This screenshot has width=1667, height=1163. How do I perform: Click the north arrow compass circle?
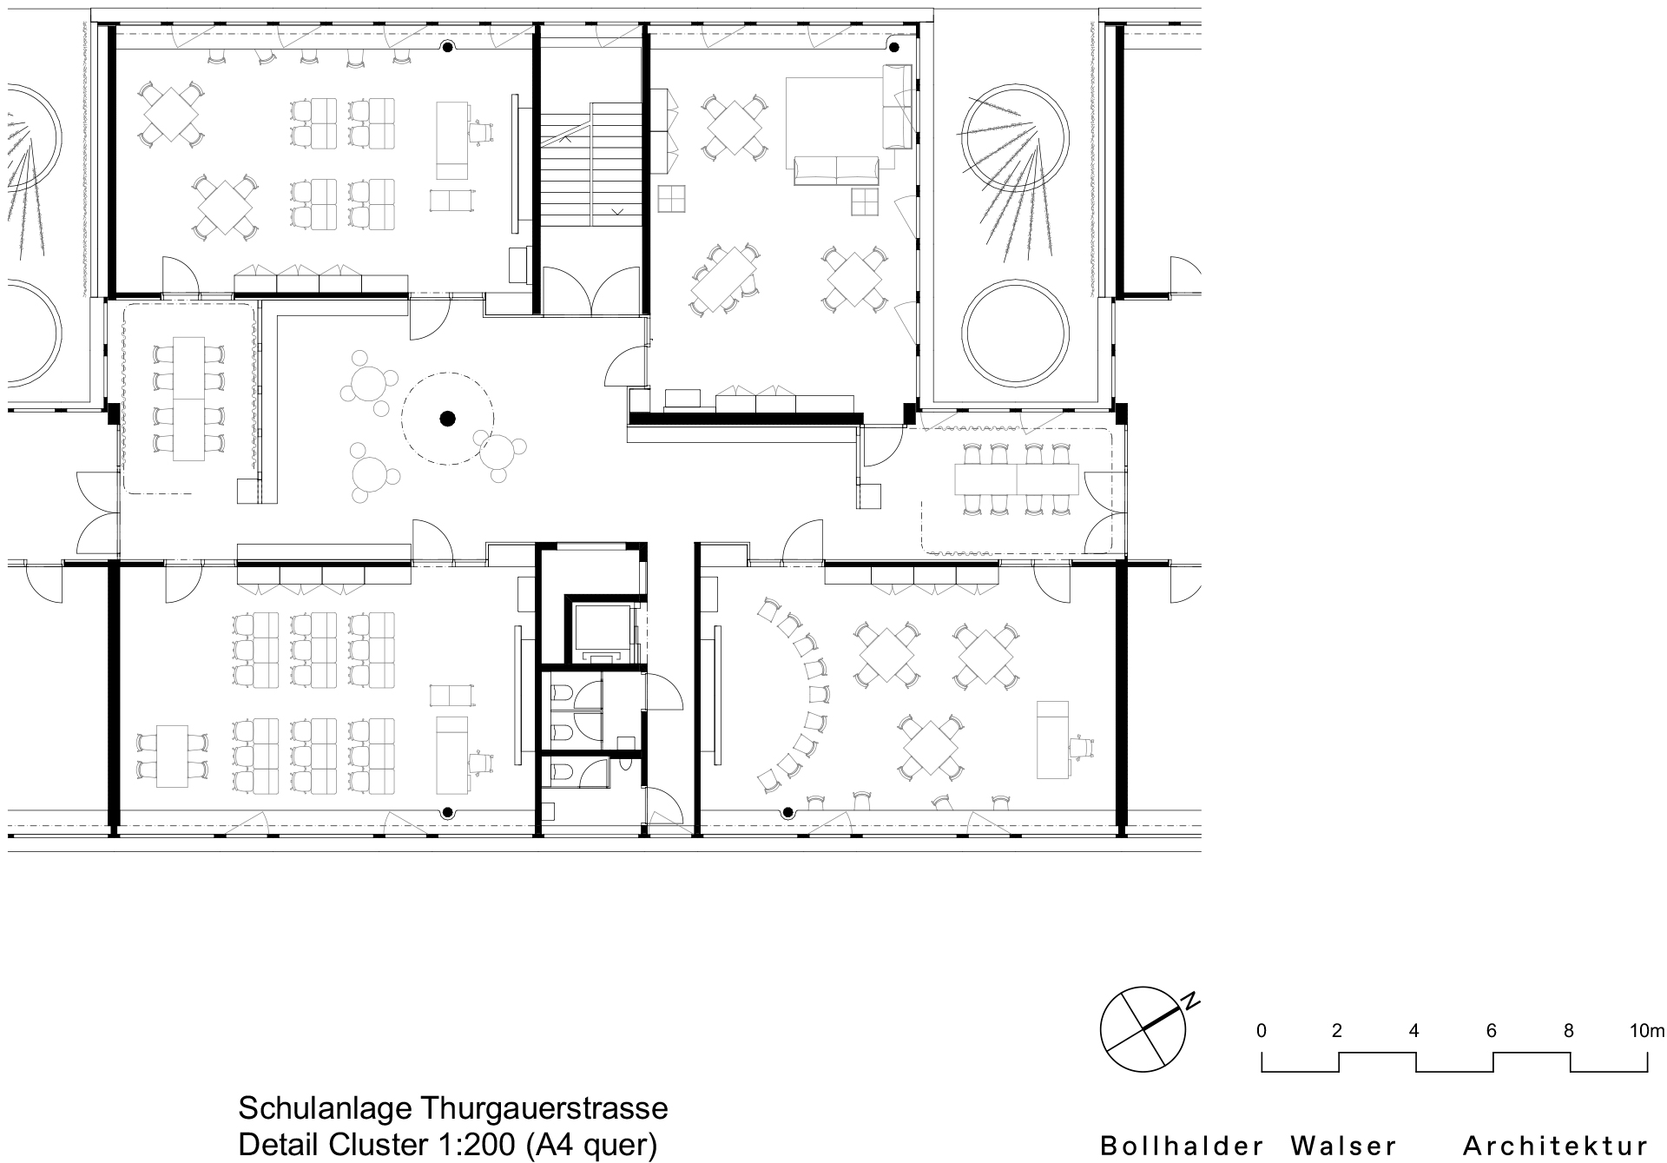[1142, 1029]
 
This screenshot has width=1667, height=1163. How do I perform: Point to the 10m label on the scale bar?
[1647, 1031]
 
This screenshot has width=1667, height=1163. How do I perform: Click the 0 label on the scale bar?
[1261, 1031]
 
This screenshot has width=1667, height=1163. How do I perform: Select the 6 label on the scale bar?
[1492, 1031]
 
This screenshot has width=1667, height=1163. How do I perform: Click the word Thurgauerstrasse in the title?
[544, 1108]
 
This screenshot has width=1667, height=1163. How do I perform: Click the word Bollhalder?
[1176, 1146]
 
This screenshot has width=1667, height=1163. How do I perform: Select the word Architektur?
[1555, 1146]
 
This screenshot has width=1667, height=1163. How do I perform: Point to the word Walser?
[1343, 1146]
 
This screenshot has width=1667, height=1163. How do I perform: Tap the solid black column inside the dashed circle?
[447, 420]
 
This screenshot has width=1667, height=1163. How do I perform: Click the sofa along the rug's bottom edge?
[835, 171]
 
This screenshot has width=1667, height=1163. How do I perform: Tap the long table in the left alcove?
[188, 399]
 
